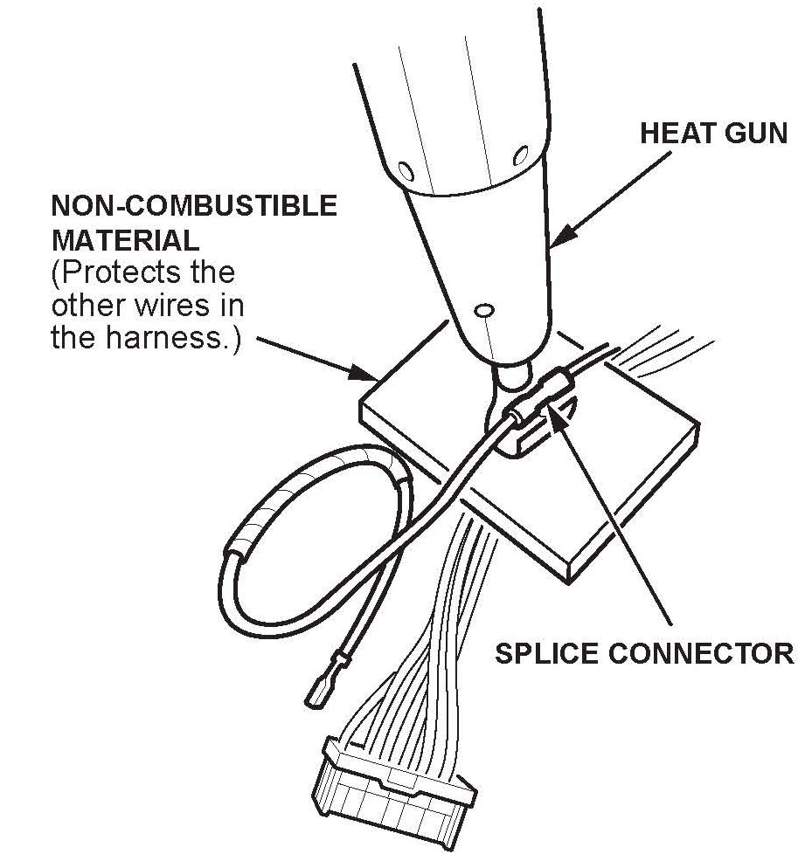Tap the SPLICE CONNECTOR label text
[x=644, y=654]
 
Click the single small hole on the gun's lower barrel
[x=483, y=310]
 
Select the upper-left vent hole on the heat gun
[x=405, y=169]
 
